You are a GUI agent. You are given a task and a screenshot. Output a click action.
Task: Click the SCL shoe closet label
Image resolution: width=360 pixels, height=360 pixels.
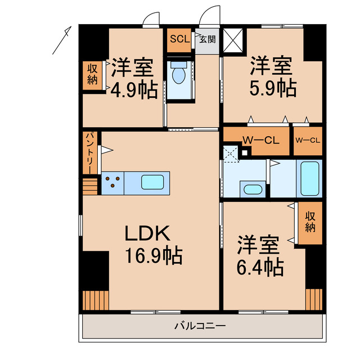coord(179,39)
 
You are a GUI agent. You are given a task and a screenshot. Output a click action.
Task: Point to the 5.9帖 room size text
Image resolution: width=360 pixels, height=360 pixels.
coord(273,89)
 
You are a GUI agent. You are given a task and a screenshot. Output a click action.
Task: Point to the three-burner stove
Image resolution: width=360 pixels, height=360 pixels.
coord(112,182)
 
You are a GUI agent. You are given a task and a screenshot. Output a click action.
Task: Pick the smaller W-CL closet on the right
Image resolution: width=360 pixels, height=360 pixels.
coord(307,141)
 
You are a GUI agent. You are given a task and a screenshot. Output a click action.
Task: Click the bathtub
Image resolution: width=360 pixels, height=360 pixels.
coord(309,178)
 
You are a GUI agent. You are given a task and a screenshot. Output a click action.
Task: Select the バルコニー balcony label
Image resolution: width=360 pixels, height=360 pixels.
coord(200,326)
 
